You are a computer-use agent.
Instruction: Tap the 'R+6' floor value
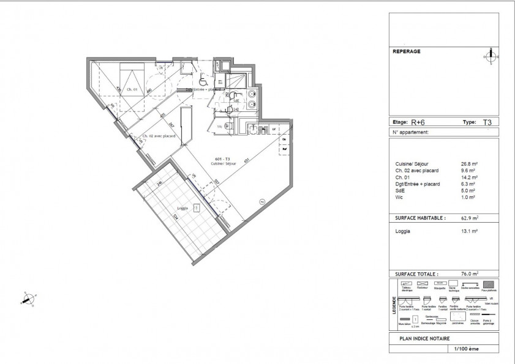418,122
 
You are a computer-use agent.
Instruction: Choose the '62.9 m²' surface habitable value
470,217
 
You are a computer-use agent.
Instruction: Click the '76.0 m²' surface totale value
470,274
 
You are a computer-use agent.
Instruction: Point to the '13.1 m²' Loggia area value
470,231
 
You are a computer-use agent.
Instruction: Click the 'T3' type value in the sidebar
487,122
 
